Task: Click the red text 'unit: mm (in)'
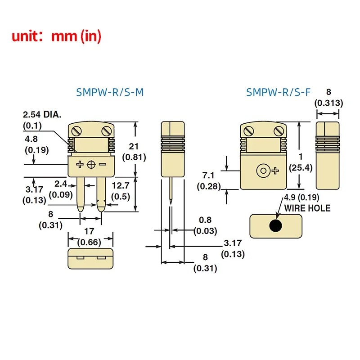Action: coord(56,36)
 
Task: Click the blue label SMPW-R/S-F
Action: coord(278,93)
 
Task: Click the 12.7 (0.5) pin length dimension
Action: coord(120,191)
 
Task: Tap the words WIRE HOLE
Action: coord(307,208)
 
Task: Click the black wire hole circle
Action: coord(275,225)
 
